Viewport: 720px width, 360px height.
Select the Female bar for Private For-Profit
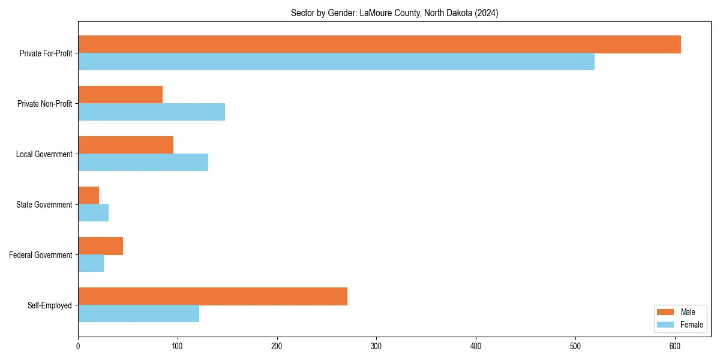pos(336,62)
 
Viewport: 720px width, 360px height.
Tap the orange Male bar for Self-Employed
pos(212,296)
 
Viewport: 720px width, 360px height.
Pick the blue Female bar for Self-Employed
pos(139,314)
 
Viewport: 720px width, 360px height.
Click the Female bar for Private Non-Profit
pos(151,112)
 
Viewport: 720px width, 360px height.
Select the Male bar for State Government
pos(88,196)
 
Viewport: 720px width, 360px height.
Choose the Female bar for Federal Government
pos(91,263)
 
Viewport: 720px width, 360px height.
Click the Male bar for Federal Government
pos(100,246)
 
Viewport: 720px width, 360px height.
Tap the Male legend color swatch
pos(666,312)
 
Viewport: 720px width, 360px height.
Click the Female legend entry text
pos(691,325)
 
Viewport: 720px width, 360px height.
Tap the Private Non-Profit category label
pos(44,104)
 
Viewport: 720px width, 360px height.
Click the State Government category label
pos(44,205)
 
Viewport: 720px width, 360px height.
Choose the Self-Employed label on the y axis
pos(49,305)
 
